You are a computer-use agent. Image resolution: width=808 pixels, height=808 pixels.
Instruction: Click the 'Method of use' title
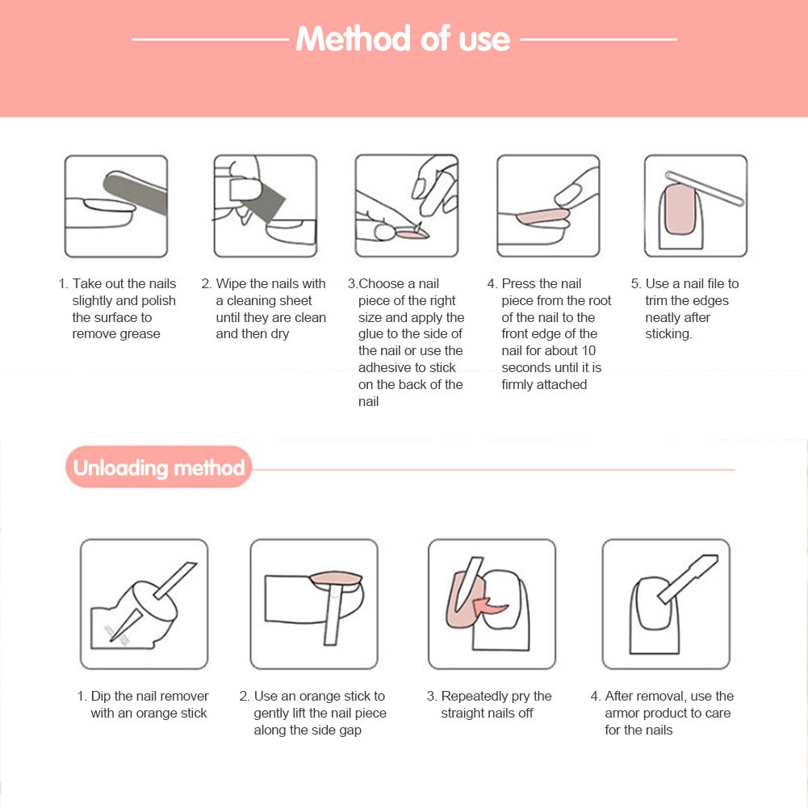point(403,40)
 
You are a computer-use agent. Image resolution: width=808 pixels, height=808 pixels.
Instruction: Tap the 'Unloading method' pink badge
point(159,467)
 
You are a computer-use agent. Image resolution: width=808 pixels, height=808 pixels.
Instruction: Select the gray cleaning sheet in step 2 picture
point(263,203)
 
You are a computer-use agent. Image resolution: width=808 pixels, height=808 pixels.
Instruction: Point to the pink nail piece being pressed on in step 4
point(542,216)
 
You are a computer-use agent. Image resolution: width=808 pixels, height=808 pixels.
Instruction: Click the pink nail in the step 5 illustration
point(680,209)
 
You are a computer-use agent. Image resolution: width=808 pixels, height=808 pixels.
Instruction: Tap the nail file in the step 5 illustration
point(705,189)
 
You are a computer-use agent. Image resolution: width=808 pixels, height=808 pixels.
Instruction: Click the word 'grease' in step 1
point(139,334)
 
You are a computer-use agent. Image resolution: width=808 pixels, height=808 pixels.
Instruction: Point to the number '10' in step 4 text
point(588,351)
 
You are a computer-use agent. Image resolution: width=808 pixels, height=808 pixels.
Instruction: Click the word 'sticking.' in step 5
point(669,334)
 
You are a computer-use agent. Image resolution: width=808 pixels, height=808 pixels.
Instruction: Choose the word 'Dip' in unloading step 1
point(100,696)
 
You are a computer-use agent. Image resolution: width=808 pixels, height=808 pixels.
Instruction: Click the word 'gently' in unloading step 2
point(271,714)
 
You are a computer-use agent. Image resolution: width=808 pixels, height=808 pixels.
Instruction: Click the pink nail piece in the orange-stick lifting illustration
point(336,580)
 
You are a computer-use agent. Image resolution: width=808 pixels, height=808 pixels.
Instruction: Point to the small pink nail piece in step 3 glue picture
point(411,235)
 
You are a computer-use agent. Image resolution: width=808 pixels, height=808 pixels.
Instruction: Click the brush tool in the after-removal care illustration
point(688,578)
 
